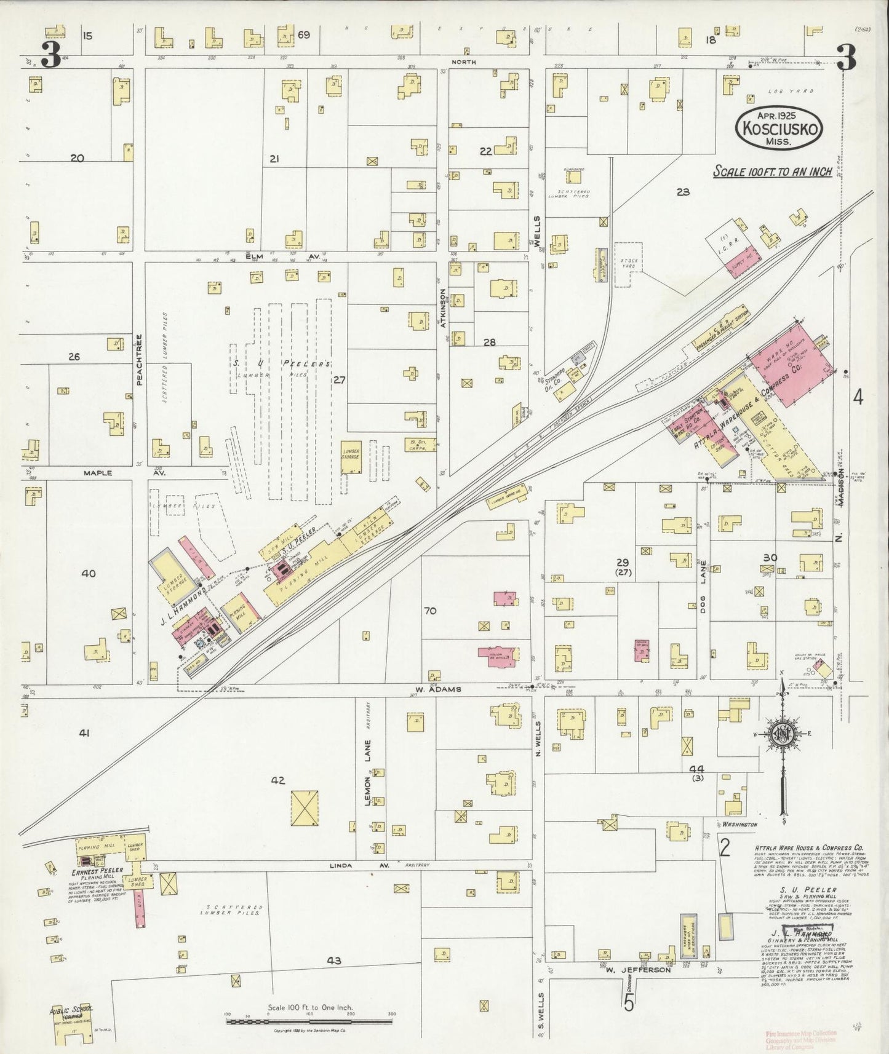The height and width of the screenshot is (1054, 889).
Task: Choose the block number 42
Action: point(278,780)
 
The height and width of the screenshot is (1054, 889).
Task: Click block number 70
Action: point(430,611)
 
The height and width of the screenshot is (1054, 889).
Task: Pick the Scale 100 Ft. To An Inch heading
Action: point(772,172)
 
